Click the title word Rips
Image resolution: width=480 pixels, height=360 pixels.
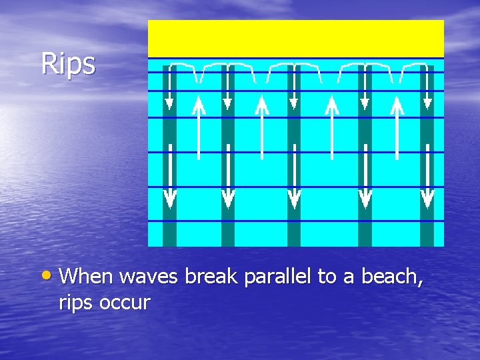tap(68, 64)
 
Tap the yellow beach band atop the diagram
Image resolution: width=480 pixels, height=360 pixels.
tap(295, 39)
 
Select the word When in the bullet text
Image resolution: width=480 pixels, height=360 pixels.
tap(89, 276)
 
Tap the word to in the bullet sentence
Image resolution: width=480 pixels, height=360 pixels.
tap(327, 277)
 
